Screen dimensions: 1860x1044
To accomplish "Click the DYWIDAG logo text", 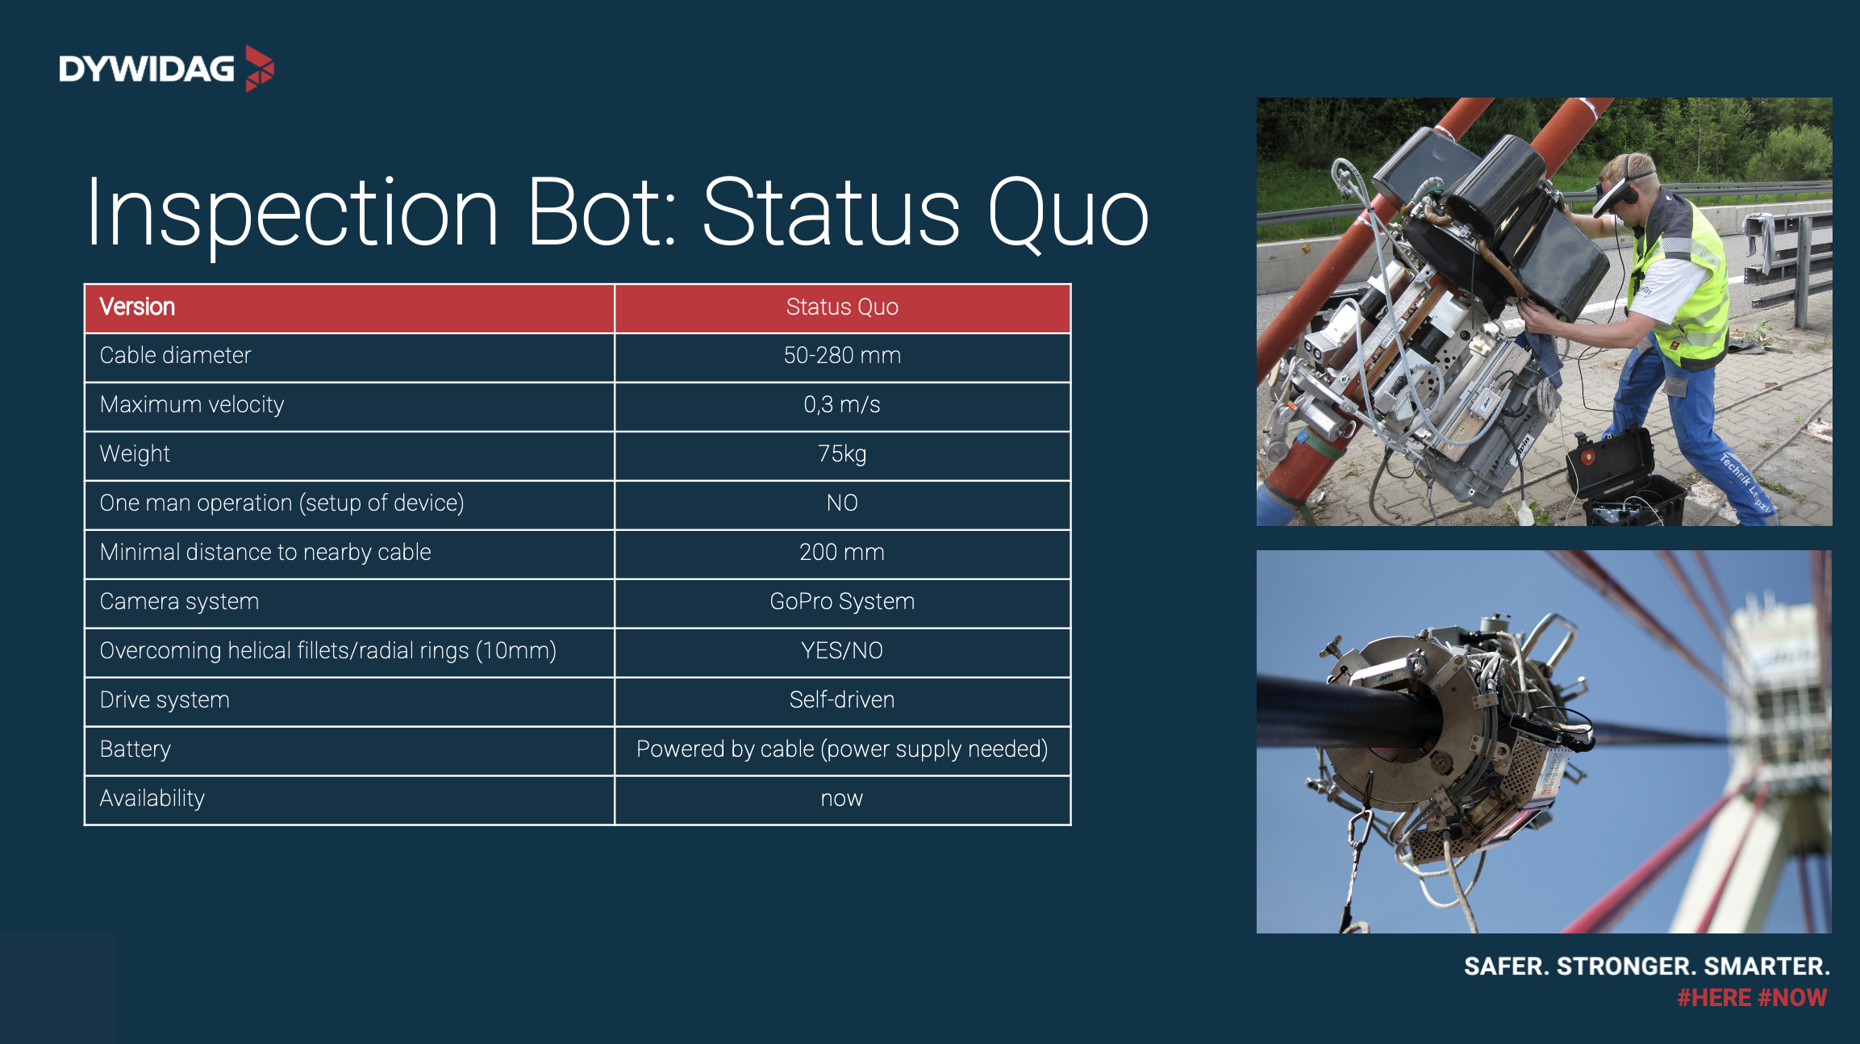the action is point(147,69).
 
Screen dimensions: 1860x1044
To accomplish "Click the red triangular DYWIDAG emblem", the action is point(259,69).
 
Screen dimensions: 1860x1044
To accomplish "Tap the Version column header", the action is point(137,307).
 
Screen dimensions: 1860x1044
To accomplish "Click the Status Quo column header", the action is point(842,307).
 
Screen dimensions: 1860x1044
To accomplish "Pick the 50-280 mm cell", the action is point(842,355).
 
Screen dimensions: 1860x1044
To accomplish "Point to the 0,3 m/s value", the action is point(842,404).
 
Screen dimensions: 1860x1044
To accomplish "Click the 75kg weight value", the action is point(842,453).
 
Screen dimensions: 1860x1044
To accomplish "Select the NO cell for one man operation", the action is point(842,503).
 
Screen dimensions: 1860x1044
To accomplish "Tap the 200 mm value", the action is point(842,552).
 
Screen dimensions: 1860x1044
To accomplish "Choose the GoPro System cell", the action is point(842,601).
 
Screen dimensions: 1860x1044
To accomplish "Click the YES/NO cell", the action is point(842,650).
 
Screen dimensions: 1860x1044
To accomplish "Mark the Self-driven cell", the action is point(842,699).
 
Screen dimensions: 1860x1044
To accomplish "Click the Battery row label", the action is point(136,750).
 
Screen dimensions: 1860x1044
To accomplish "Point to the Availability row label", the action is point(152,799).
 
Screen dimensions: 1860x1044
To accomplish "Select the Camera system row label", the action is point(179,602).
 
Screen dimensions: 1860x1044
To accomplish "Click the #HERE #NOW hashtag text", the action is point(1752,998).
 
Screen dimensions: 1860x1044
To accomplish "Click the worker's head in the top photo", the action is point(1625,186).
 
